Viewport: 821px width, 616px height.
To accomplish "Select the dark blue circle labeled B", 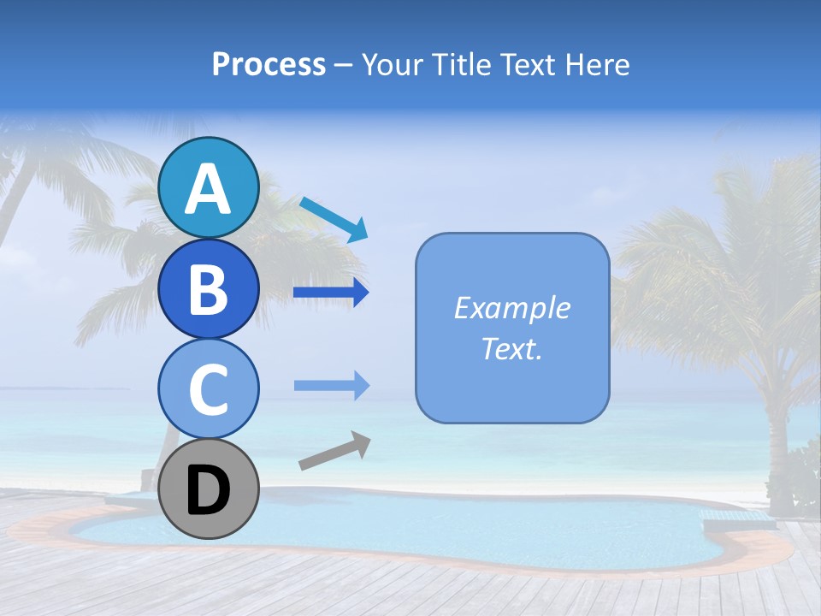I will click(x=209, y=288).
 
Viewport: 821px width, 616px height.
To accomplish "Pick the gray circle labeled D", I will click(x=209, y=489).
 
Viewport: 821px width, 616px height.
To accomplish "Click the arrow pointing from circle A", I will click(x=334, y=219).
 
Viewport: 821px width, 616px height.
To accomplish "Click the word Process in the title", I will click(x=269, y=64).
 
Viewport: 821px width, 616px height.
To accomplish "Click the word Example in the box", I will click(x=512, y=308).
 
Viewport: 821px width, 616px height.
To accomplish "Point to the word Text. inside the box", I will click(x=512, y=348).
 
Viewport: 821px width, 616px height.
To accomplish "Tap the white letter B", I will click(x=209, y=289).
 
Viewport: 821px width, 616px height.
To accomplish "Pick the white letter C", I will click(x=209, y=389).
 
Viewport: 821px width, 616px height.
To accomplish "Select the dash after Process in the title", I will click(x=344, y=65).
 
